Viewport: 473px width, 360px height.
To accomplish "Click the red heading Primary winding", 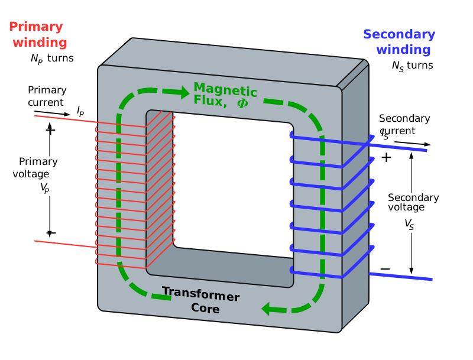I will [36, 35].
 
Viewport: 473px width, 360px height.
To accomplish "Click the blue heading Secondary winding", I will [399, 42].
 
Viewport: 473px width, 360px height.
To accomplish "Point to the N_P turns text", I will [52, 59].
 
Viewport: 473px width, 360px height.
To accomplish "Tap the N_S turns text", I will [412, 66].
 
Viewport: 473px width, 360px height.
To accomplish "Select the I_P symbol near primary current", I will [80, 110].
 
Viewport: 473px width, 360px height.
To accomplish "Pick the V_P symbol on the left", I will [44, 187].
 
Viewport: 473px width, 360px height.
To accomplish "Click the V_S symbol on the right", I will [409, 223].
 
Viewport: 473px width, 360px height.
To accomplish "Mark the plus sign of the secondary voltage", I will [386, 158].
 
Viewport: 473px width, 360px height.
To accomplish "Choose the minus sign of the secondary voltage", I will [385, 269].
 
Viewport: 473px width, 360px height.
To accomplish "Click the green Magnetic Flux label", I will [225, 95].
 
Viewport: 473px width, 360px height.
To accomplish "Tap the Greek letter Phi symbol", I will [242, 103].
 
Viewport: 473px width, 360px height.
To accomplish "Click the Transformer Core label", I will [200, 300].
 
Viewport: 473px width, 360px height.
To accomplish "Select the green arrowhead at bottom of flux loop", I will [271, 308].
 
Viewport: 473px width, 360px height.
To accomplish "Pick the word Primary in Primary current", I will [47, 90].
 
